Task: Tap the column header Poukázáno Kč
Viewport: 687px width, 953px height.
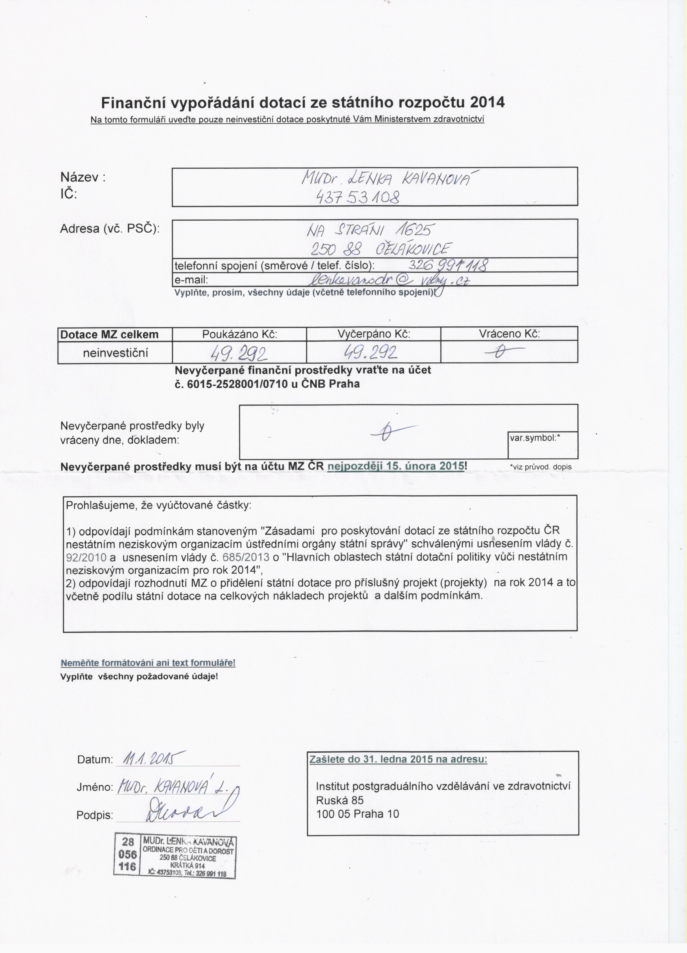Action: point(239,335)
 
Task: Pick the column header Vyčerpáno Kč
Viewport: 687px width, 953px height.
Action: point(374,335)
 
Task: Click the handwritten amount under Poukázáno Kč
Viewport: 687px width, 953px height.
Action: point(239,353)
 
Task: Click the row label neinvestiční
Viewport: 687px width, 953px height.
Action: point(115,352)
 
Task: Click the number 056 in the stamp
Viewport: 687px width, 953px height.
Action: point(127,855)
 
